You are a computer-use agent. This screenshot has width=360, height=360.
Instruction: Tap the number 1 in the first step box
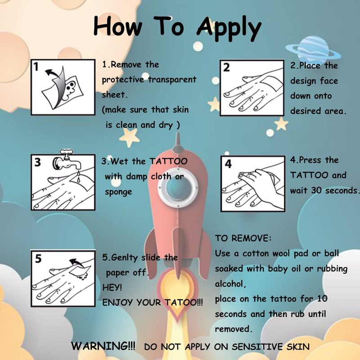pyautogui.click(x=36, y=67)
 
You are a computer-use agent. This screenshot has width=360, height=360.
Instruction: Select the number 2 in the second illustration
pyautogui.click(x=226, y=67)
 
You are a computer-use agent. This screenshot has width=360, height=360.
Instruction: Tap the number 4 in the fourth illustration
pyautogui.click(x=228, y=164)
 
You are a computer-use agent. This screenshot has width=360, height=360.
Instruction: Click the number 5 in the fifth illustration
pyautogui.click(x=38, y=258)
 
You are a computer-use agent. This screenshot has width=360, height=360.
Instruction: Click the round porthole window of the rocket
pyautogui.click(x=177, y=189)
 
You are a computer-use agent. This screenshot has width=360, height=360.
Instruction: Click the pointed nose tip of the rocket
pyautogui.click(x=177, y=134)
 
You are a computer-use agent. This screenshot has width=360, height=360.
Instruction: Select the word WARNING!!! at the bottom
pyautogui.click(x=103, y=346)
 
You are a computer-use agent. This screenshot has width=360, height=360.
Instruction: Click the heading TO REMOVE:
pyautogui.click(x=243, y=238)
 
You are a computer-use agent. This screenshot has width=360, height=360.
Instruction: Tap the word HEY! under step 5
pyautogui.click(x=112, y=287)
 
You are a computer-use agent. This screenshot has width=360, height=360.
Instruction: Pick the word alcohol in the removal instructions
pyautogui.click(x=230, y=284)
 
